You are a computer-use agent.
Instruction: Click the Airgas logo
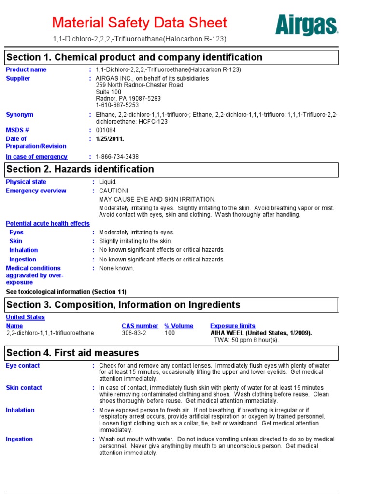click(x=306, y=25)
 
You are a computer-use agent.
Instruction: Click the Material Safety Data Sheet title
click(x=139, y=23)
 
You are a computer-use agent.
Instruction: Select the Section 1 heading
click(x=134, y=57)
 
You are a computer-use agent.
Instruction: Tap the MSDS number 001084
click(x=106, y=130)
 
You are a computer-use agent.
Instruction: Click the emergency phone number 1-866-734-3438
click(x=117, y=157)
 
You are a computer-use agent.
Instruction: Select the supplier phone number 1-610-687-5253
click(x=117, y=105)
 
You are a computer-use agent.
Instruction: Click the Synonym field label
click(x=19, y=115)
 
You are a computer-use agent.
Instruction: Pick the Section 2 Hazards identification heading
click(x=80, y=169)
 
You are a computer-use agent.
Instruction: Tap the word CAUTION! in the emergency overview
click(x=114, y=191)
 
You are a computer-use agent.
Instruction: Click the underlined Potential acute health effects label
click(x=48, y=224)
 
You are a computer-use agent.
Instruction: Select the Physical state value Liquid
click(x=108, y=182)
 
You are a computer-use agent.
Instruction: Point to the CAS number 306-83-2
click(x=134, y=333)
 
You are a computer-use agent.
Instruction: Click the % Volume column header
click(x=179, y=326)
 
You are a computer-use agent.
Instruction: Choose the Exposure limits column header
click(x=233, y=326)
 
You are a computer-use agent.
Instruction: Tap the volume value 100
click(x=170, y=333)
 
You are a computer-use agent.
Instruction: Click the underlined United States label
click(x=25, y=317)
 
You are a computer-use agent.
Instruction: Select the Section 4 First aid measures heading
click(x=72, y=353)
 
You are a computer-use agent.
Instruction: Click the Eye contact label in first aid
click(x=23, y=366)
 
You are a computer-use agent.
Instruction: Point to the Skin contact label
click(x=24, y=388)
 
